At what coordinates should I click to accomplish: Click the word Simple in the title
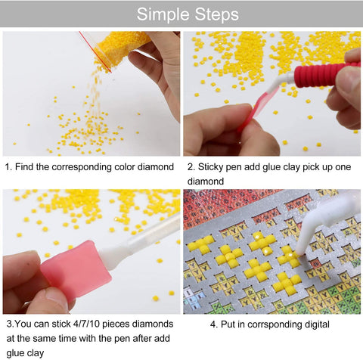click(154, 14)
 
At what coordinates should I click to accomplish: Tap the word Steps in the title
click(213, 14)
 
